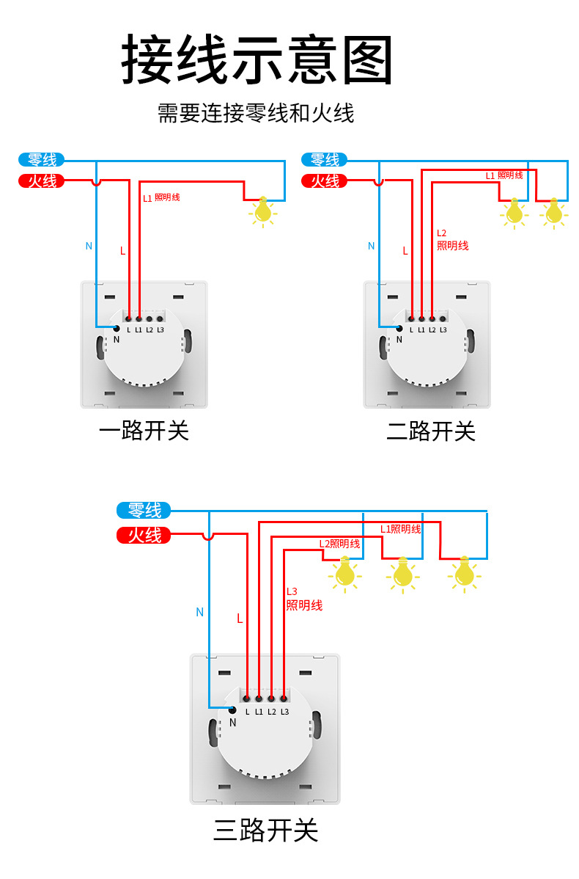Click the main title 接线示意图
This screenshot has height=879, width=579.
pos(257,59)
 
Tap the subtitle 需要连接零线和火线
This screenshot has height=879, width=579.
pos(256,114)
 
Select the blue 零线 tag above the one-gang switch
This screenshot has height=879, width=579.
pos(42,159)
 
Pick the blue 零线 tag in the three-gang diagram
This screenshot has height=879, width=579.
pos(144,510)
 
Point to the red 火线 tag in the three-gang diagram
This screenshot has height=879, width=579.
pos(144,536)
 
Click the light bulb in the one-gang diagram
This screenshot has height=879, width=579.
pos(262,211)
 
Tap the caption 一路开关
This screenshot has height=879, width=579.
pos(144,431)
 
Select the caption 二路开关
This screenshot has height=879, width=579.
pos(431,431)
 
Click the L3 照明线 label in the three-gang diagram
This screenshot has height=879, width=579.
pos(303,599)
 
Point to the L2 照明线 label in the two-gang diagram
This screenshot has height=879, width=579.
pos(451,239)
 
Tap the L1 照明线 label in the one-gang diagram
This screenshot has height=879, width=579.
pos(161,198)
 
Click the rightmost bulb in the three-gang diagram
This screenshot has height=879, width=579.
pos(463,573)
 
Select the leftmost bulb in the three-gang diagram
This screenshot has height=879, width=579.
pos(344,573)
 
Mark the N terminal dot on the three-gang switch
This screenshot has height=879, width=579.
pos(232,710)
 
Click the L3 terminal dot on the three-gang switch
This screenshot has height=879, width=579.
pos(284,699)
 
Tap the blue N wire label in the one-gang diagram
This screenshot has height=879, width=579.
pos(89,246)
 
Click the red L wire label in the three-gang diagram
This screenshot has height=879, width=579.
pos(240,619)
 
